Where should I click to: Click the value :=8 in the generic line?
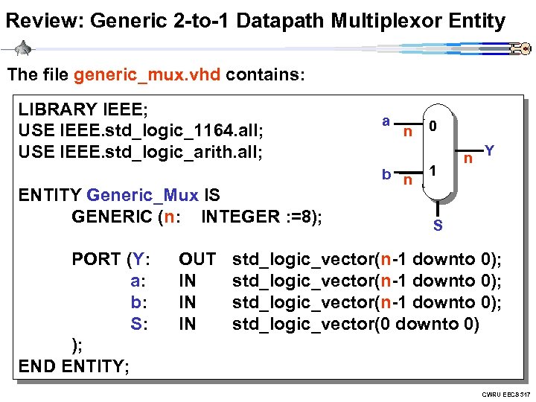(298, 217)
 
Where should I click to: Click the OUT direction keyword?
(197, 260)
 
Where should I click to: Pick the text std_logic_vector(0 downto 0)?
(356, 325)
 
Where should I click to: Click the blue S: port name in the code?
(140, 325)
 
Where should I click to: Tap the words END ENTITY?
(74, 367)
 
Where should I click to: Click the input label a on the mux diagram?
(385, 121)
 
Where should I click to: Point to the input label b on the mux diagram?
(386, 174)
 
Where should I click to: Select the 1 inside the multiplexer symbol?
(433, 170)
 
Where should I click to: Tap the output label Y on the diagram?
(489, 150)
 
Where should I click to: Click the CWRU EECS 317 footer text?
(505, 393)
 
